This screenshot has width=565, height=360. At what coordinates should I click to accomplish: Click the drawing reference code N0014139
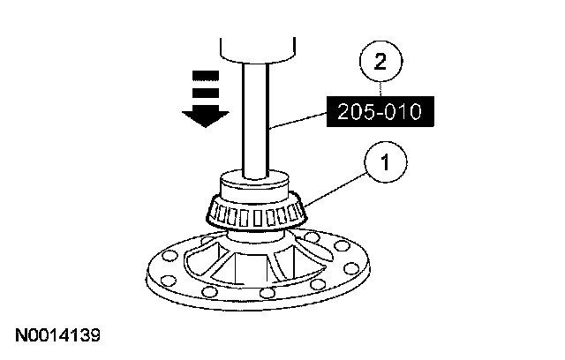click(57, 335)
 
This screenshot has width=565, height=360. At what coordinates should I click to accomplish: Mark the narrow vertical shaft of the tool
click(255, 115)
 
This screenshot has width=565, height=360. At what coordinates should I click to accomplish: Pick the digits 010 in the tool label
click(403, 113)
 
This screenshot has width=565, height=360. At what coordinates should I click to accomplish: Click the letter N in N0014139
click(19, 335)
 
